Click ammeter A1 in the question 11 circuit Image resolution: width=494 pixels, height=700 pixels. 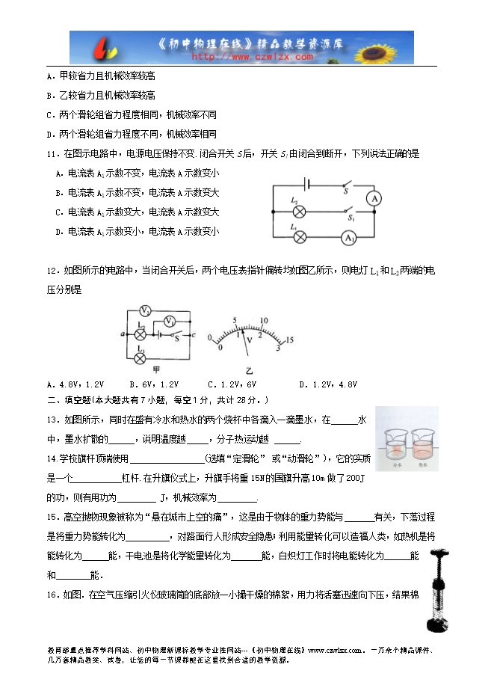(x=348, y=237)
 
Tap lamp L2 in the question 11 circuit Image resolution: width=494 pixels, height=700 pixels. (x=300, y=212)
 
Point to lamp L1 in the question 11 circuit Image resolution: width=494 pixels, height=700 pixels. (x=300, y=237)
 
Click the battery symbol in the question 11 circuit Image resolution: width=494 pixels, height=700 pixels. (x=306, y=183)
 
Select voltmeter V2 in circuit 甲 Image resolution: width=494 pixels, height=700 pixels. (x=146, y=310)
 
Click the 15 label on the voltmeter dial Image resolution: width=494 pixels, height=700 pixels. (x=289, y=341)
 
